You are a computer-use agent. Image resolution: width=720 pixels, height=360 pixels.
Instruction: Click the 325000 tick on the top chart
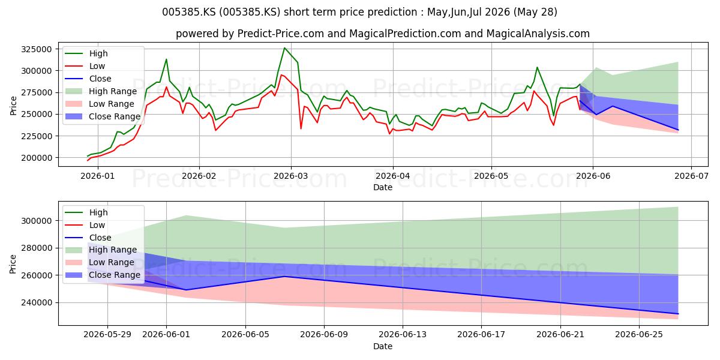click(37, 49)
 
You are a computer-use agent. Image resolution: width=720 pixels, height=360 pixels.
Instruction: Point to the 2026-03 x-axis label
click(290, 176)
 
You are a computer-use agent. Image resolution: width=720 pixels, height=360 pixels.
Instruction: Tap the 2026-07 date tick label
click(691, 176)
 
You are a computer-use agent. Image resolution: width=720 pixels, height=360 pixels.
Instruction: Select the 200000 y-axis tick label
click(37, 158)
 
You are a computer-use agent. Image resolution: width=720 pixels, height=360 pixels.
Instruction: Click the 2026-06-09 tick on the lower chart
click(324, 335)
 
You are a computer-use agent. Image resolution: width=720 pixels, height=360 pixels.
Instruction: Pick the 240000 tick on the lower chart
click(37, 303)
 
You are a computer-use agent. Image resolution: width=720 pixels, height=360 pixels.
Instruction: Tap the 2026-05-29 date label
click(107, 335)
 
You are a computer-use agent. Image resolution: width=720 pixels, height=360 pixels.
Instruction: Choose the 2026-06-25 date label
click(639, 335)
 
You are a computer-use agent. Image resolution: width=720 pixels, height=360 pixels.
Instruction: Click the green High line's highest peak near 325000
click(284, 48)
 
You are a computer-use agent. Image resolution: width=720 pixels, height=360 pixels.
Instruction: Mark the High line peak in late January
click(166, 59)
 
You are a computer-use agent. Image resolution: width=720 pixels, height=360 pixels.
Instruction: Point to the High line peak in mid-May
click(537, 67)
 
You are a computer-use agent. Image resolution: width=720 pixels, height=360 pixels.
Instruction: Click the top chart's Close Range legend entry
click(103, 116)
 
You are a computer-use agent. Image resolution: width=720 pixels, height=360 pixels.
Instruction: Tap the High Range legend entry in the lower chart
click(101, 250)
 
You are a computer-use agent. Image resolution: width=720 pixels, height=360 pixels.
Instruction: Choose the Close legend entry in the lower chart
click(88, 238)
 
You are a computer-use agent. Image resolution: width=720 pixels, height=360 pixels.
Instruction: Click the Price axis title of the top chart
click(13, 106)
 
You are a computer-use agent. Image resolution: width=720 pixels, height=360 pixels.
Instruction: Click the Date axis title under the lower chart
click(383, 346)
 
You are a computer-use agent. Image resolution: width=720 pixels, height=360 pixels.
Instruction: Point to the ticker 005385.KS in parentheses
click(250, 12)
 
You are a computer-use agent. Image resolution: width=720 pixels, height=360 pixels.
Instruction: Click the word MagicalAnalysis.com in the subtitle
click(538, 34)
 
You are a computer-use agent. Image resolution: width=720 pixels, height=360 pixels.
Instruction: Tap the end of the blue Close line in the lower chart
click(678, 314)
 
